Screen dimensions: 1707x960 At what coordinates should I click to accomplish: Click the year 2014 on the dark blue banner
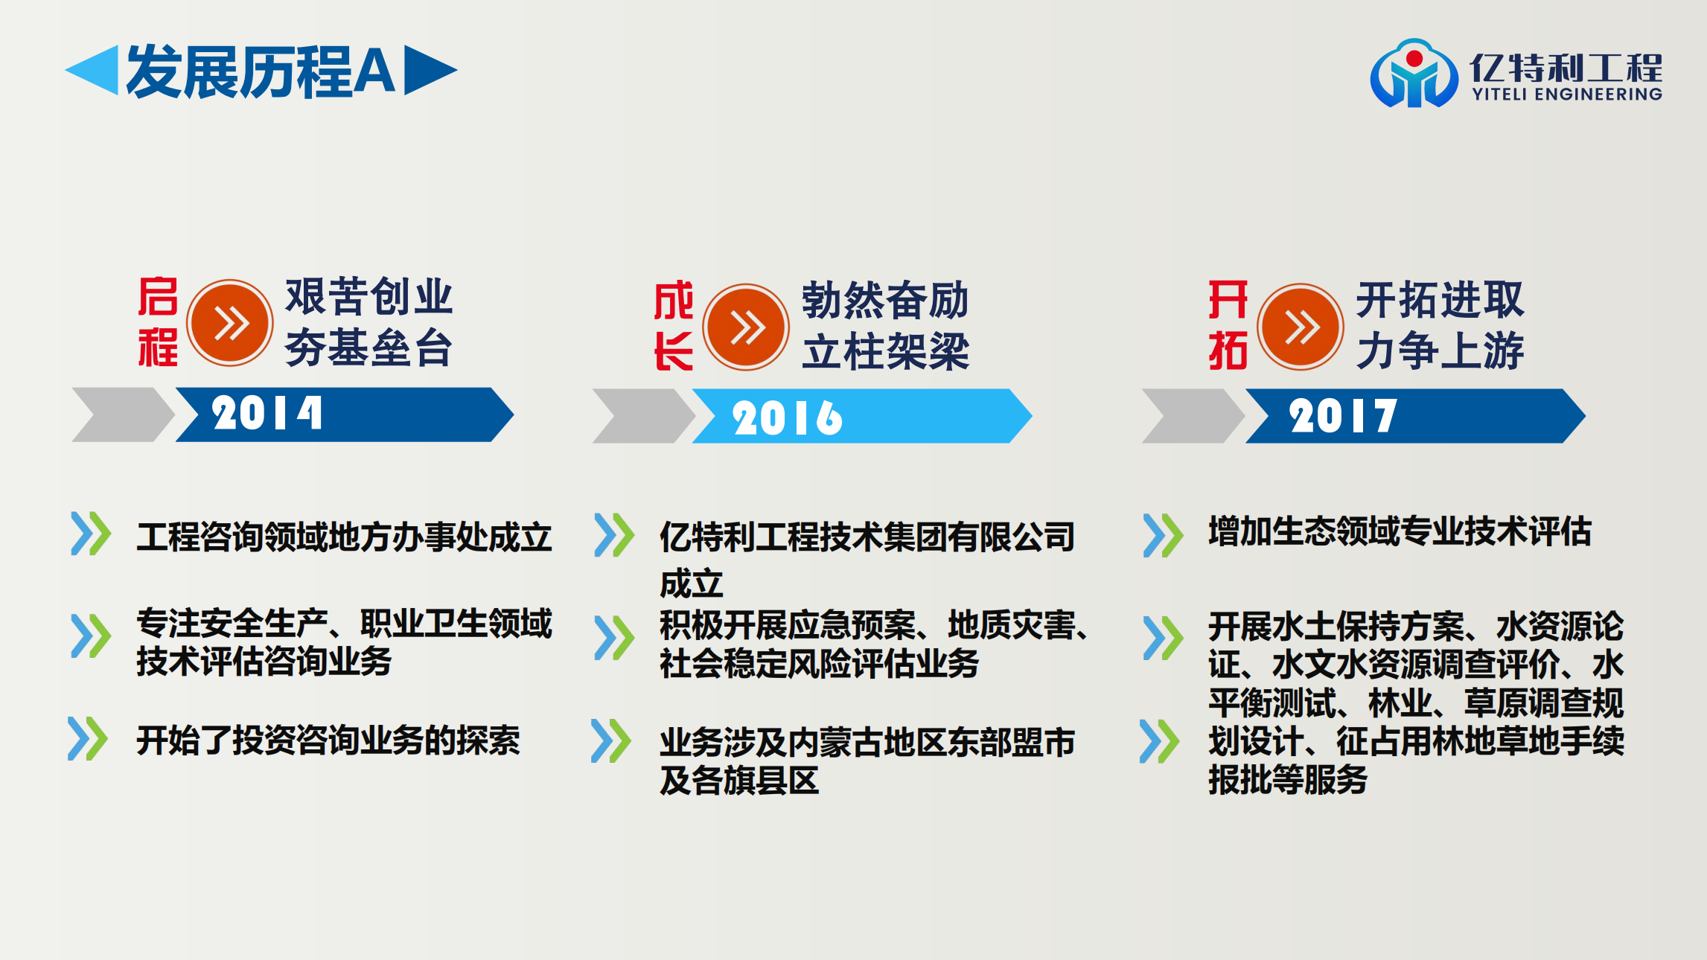point(267,413)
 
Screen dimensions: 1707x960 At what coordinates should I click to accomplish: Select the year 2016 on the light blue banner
point(788,417)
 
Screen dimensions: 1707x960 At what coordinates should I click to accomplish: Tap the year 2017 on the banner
point(1343,415)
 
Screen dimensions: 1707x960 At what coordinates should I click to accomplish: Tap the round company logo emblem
point(1414,74)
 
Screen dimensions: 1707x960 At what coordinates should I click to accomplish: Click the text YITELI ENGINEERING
point(1567,94)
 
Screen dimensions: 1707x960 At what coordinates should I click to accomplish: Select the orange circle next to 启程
point(229,323)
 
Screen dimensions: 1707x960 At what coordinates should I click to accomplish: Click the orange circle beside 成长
point(746,327)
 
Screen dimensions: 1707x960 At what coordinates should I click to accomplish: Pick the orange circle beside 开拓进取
point(1301,327)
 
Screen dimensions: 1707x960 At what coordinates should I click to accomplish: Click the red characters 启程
point(158,321)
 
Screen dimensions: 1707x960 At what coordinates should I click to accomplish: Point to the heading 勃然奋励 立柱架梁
point(885,325)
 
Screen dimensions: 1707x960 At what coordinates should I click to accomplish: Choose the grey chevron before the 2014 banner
point(123,415)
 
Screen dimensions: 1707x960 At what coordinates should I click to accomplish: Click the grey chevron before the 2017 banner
point(1193,416)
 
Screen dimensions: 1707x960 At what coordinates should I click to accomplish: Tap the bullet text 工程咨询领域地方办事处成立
point(344,537)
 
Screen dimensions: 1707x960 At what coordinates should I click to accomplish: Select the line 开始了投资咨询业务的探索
point(328,740)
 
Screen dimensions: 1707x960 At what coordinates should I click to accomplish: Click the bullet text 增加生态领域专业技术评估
point(1400,531)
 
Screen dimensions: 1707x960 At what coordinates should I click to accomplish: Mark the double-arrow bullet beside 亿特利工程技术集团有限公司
point(614,535)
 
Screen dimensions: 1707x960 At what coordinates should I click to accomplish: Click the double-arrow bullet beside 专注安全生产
point(91,636)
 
